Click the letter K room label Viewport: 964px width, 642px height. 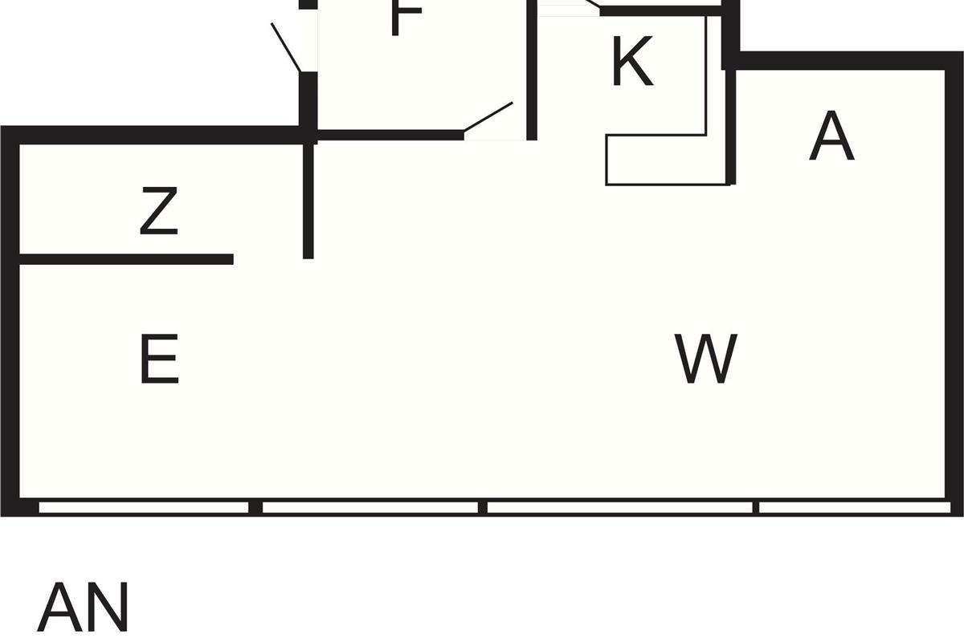pyautogui.click(x=632, y=63)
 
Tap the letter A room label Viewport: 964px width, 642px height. pyautogui.click(x=831, y=137)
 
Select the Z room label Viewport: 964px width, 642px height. pyautogui.click(x=158, y=211)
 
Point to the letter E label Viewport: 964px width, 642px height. pyautogui.click(x=158, y=360)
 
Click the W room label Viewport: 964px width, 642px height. pyautogui.click(x=706, y=360)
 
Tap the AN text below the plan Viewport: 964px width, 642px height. pyautogui.click(x=83, y=608)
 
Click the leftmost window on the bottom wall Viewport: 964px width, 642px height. pyautogui.click(x=144, y=507)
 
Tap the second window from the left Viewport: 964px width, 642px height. pyautogui.click(x=370, y=507)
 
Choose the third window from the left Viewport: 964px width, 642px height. pyautogui.click(x=619, y=507)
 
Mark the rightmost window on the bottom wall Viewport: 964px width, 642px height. pyautogui.click(x=854, y=507)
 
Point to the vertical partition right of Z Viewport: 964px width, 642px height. pyautogui.click(x=308, y=201)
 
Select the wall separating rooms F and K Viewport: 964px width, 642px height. pyautogui.click(x=531, y=70)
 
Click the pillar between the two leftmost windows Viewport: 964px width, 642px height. pyautogui.click(x=255, y=507)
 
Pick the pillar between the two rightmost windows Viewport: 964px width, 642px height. pyautogui.click(x=756, y=507)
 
